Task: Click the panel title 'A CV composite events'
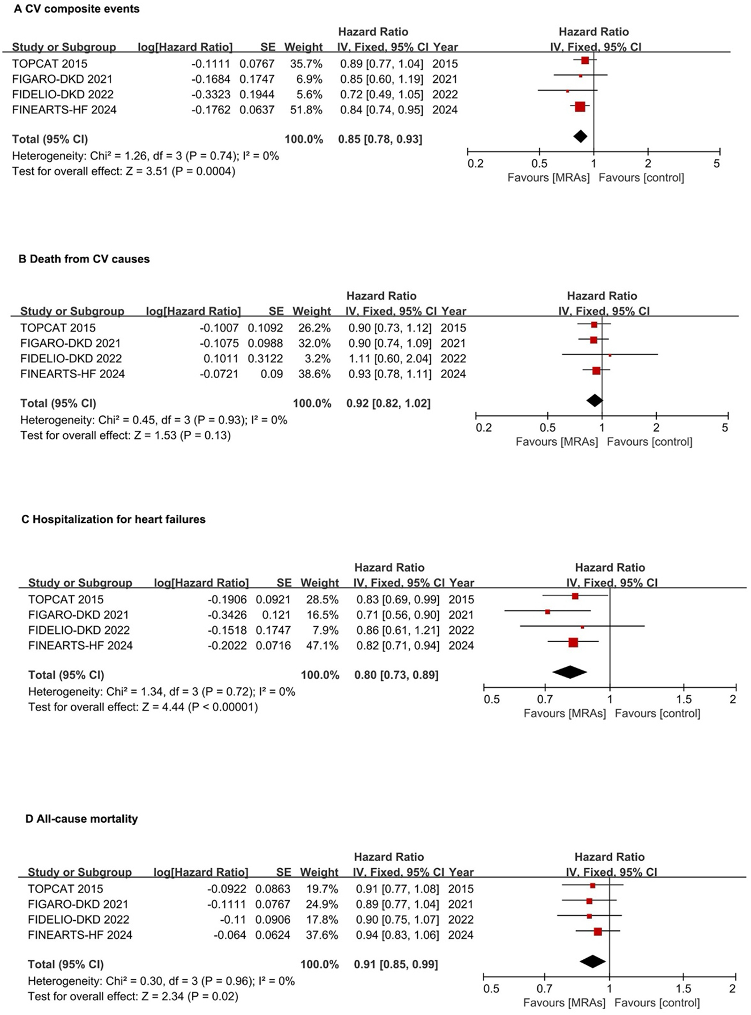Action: pyautogui.click(x=76, y=9)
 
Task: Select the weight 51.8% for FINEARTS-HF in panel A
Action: pyautogui.click(x=306, y=110)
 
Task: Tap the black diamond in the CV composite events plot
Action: pyautogui.click(x=580, y=136)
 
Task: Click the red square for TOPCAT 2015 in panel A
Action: pyautogui.click(x=585, y=61)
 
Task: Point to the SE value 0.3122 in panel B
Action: pyautogui.click(x=265, y=359)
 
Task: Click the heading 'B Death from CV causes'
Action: pyautogui.click(x=84, y=259)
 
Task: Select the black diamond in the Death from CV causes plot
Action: pyautogui.click(x=595, y=400)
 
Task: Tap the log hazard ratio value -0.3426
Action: pyautogui.click(x=227, y=615)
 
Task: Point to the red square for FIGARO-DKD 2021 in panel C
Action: pyautogui.click(x=548, y=612)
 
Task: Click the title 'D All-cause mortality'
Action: pyautogui.click(x=81, y=819)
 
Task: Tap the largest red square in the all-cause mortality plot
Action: pyautogui.click(x=598, y=932)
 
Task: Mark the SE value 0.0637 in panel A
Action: pyautogui.click(x=257, y=110)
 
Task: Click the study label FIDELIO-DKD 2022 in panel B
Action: pyautogui.click(x=71, y=359)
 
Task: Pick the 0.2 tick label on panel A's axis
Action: pyautogui.click(x=476, y=163)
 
